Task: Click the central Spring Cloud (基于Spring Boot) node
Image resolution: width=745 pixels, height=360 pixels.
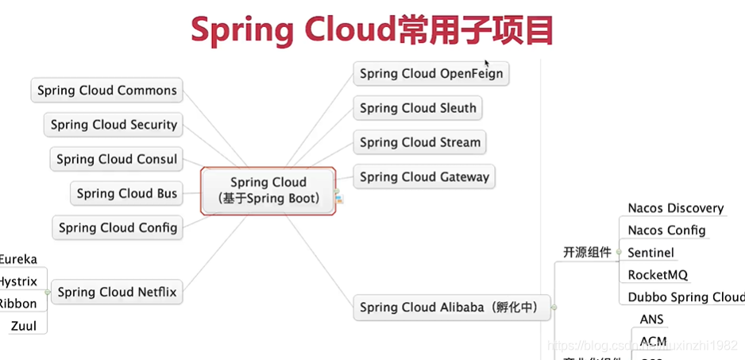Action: (268, 191)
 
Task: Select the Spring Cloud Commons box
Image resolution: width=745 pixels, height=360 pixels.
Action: (107, 91)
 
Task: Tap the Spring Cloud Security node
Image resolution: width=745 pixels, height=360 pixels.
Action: (114, 125)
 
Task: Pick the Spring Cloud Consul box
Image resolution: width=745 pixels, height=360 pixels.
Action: (117, 159)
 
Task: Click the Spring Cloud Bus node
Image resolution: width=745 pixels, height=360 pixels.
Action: (127, 193)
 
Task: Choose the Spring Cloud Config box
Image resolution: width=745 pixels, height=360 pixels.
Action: (118, 227)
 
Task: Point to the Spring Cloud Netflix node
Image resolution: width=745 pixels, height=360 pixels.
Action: (118, 292)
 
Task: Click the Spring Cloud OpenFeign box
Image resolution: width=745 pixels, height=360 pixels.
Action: (430, 74)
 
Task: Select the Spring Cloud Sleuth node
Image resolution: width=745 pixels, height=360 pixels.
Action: (418, 108)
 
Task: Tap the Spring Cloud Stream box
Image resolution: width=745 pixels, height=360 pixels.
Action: (420, 142)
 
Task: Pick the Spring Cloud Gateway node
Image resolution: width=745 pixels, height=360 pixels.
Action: (424, 176)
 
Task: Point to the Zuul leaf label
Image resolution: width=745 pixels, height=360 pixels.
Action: (24, 326)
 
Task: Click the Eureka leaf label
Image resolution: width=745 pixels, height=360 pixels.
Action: (18, 259)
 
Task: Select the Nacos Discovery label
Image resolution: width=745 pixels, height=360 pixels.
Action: (676, 208)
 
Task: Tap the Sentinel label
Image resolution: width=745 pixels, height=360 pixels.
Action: (650, 253)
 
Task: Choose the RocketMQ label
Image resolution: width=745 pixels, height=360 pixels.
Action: (658, 275)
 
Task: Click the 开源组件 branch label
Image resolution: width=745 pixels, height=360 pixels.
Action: (588, 253)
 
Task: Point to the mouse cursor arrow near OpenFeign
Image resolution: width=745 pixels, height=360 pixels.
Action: (487, 63)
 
